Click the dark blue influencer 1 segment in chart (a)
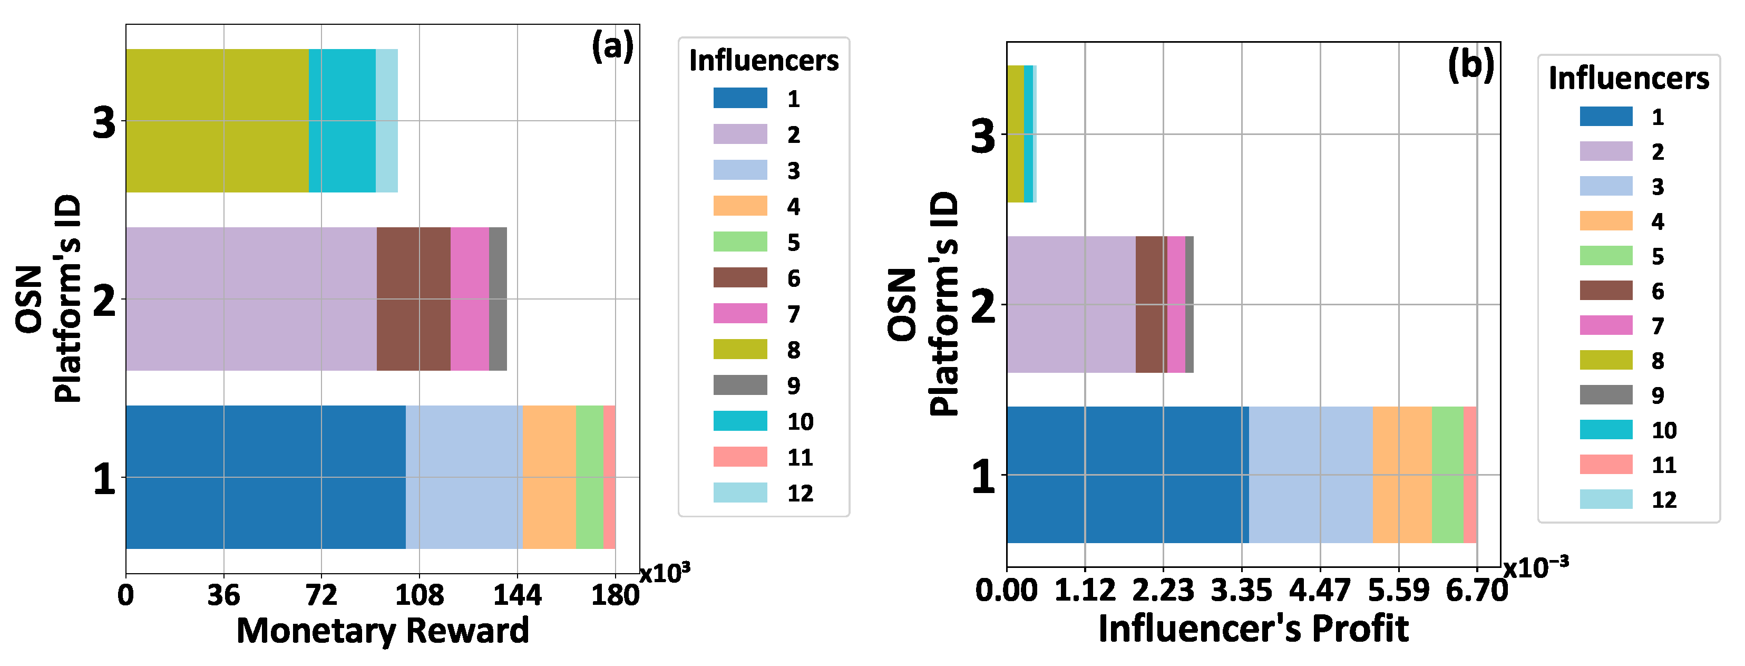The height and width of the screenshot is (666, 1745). [x=266, y=477]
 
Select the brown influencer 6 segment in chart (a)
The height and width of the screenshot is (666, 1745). [x=413, y=299]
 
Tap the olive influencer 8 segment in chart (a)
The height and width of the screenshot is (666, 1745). [x=217, y=121]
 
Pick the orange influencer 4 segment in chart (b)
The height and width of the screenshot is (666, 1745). [x=1401, y=474]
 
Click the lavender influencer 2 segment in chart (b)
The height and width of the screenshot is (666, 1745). [x=1070, y=304]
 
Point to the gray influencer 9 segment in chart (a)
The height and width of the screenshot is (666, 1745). [x=498, y=299]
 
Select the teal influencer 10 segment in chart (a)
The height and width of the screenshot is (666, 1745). [x=342, y=121]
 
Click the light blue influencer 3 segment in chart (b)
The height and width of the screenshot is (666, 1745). [x=1310, y=474]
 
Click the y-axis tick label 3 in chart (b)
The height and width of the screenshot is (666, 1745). [x=983, y=136]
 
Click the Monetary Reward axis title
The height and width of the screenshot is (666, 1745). [x=383, y=631]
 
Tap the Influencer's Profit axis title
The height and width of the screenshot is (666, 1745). [x=1253, y=628]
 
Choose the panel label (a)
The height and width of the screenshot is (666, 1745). [x=612, y=47]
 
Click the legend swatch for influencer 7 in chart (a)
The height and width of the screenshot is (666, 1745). [x=740, y=313]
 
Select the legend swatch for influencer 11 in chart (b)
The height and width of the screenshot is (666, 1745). [x=1605, y=464]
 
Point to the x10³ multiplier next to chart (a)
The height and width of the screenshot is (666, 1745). [x=665, y=573]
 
